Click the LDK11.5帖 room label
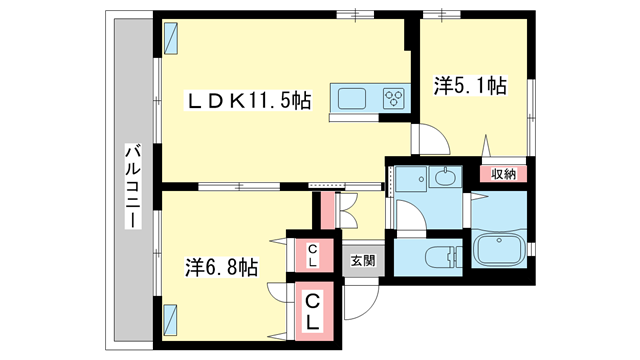[249, 100]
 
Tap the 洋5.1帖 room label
[470, 86]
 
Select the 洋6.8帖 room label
[221, 267]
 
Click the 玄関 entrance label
[363, 260]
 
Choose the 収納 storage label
[503, 174]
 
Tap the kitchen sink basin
[352, 99]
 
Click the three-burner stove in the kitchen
[394, 98]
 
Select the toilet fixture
[443, 257]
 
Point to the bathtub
[499, 250]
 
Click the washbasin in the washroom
[445, 177]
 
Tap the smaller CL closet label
[313, 256]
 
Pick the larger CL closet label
[313, 311]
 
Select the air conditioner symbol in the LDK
[171, 38]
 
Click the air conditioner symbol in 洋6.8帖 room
[170, 320]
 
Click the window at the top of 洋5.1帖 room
[442, 15]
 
